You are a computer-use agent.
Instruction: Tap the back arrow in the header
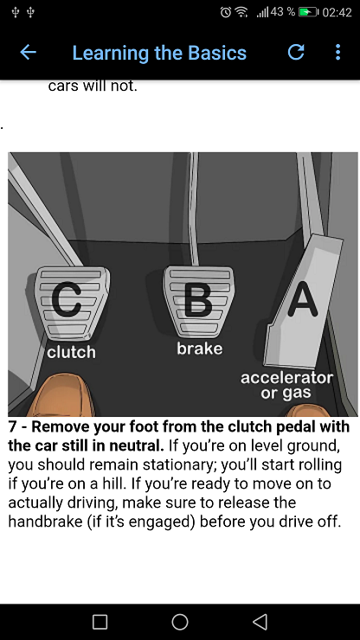click(x=29, y=52)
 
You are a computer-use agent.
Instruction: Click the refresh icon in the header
click(x=296, y=52)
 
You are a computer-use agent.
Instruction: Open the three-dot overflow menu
click(x=337, y=52)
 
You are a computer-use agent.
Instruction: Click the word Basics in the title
click(x=217, y=53)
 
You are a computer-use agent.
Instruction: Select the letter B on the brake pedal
click(x=198, y=300)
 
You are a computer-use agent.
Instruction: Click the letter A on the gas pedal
click(x=302, y=300)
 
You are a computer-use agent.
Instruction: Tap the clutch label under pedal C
click(x=71, y=352)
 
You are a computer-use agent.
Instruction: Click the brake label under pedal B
click(x=200, y=349)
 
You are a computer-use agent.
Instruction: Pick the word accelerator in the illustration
click(x=286, y=378)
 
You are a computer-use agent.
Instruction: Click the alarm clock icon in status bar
click(x=225, y=12)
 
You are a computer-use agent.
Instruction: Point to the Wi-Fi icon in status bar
click(x=242, y=13)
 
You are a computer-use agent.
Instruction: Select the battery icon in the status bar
click(x=308, y=12)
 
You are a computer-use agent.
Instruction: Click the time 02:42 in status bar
click(x=337, y=13)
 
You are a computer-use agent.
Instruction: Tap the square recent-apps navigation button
click(x=100, y=622)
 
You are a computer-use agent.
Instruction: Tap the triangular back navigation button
click(x=260, y=622)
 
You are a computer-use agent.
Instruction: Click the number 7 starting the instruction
click(x=12, y=427)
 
